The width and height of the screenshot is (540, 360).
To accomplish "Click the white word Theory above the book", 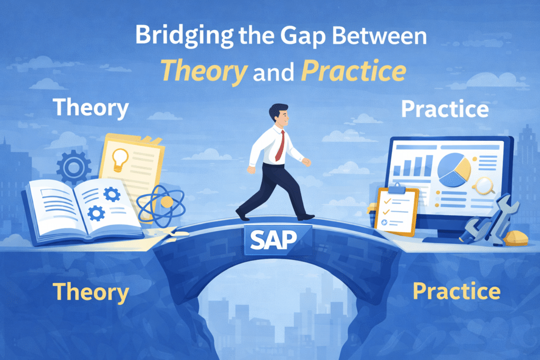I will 91,108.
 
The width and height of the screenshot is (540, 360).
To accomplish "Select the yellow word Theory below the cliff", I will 91,291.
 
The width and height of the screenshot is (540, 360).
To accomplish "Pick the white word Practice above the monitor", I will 444,109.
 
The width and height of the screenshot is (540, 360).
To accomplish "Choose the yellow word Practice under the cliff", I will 456,291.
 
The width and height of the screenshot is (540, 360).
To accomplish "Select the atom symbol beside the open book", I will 161,202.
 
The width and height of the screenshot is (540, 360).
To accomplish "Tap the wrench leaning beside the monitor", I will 485,218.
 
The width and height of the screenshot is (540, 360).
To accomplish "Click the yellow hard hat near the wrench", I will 516,237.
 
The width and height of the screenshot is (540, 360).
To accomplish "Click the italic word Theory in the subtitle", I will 203,72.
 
